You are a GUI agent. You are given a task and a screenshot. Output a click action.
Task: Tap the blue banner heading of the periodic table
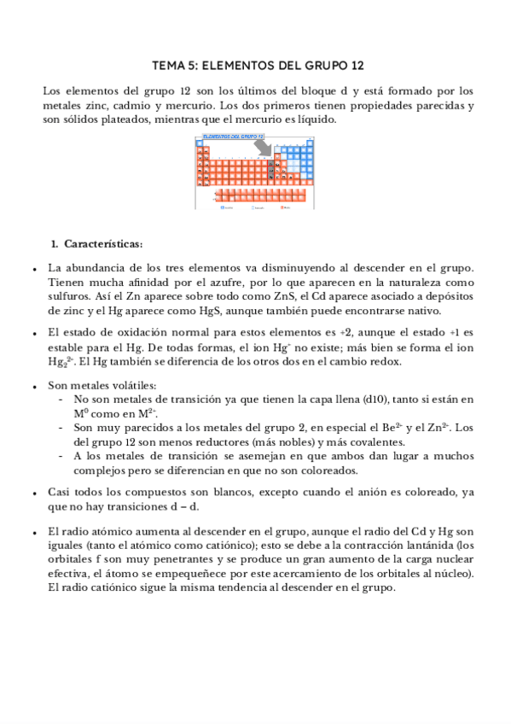point(234,136)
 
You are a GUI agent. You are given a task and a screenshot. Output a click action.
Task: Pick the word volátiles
point(132,384)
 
